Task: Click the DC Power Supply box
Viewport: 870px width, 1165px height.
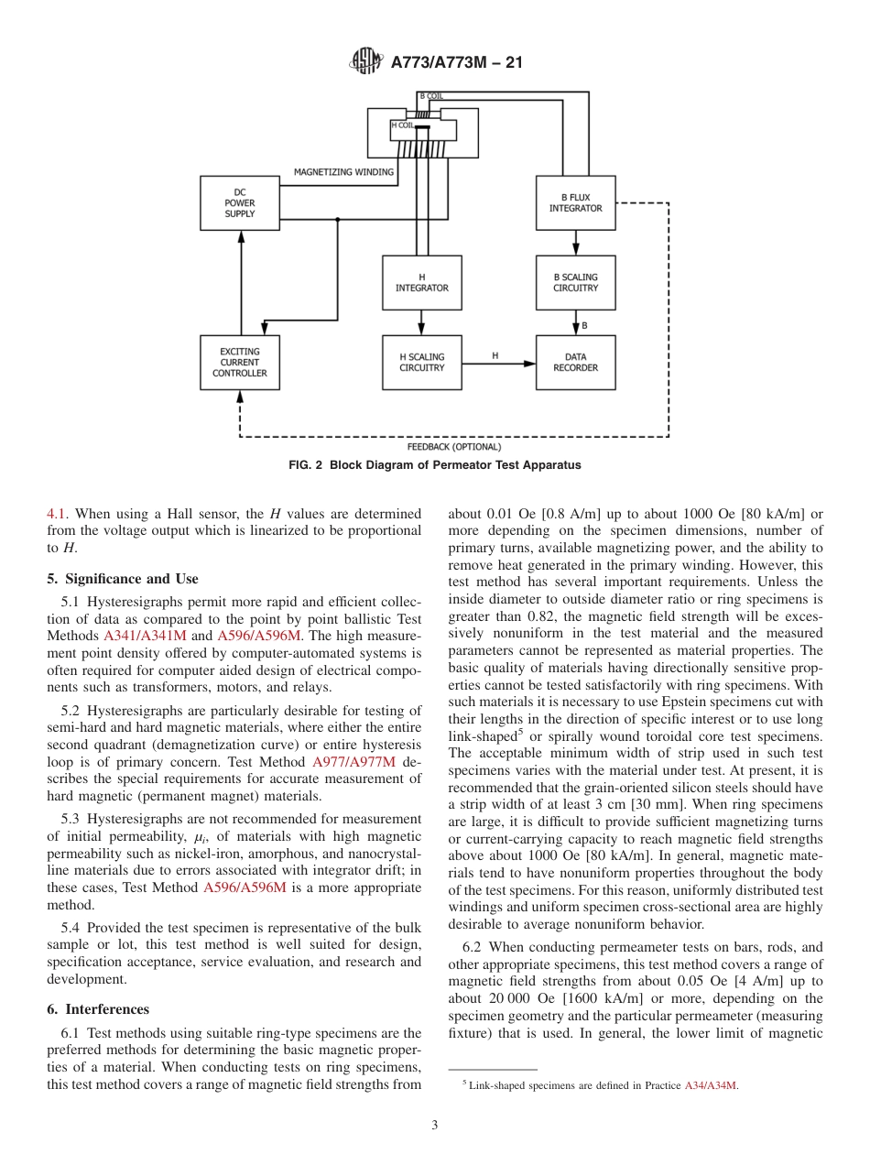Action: (x=240, y=203)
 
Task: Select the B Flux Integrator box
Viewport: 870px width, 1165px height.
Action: (x=575, y=203)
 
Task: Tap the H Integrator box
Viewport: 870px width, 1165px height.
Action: (x=421, y=283)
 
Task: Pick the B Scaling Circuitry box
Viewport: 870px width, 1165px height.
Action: (x=575, y=283)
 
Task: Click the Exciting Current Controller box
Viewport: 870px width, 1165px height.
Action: (x=240, y=363)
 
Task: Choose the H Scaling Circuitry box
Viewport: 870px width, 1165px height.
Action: (x=421, y=363)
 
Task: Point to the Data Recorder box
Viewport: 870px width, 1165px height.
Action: (x=575, y=363)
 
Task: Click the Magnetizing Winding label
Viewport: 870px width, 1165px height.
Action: (x=343, y=172)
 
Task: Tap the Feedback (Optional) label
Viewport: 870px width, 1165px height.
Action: (x=454, y=447)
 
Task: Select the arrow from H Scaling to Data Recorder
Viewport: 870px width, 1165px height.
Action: (x=498, y=364)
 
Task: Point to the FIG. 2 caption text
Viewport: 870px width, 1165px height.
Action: (x=434, y=465)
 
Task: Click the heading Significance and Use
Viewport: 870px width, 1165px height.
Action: (x=122, y=579)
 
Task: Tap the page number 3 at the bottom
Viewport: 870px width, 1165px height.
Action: (x=435, y=1126)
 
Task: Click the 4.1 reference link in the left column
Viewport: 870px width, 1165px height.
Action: (x=57, y=514)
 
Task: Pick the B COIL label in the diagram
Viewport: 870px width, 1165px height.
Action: (x=431, y=95)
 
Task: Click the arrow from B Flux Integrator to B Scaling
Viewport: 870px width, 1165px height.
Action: (x=575, y=243)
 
